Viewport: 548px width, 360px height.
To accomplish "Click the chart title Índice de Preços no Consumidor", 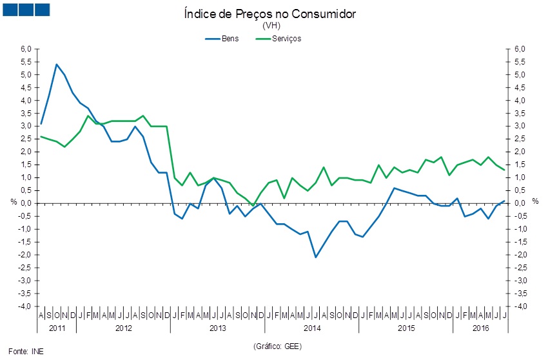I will (269, 14).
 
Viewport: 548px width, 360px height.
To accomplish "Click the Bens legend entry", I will (229, 38).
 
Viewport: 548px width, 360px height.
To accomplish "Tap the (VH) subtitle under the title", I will (269, 26).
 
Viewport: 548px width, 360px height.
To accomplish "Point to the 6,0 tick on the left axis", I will (26, 49).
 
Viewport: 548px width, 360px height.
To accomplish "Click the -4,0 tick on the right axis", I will (520, 306).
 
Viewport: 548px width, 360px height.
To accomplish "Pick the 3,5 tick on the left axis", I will (26, 114).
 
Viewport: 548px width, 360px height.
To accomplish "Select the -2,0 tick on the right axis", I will (520, 255).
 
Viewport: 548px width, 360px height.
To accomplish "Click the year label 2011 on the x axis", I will (57, 328).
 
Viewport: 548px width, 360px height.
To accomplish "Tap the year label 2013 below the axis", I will (218, 328).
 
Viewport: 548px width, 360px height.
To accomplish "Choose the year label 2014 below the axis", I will (312, 328).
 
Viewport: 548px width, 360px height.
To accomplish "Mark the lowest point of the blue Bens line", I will (316, 257).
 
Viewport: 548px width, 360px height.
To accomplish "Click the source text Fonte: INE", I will (29, 352).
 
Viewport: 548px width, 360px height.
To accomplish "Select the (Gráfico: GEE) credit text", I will (277, 346).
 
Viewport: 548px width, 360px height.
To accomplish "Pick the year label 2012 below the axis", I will (123, 328).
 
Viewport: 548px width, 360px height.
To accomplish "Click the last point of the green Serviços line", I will (504, 170).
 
